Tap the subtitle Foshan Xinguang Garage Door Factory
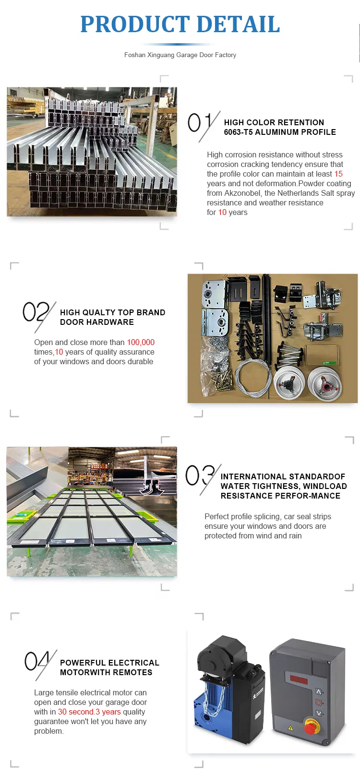coord(180,55)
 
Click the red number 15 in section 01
coord(338,174)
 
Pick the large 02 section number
coord(36,312)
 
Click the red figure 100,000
coord(141,342)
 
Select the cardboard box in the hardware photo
coord(319,357)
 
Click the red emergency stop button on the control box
coord(311,727)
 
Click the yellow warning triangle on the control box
coord(290,728)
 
